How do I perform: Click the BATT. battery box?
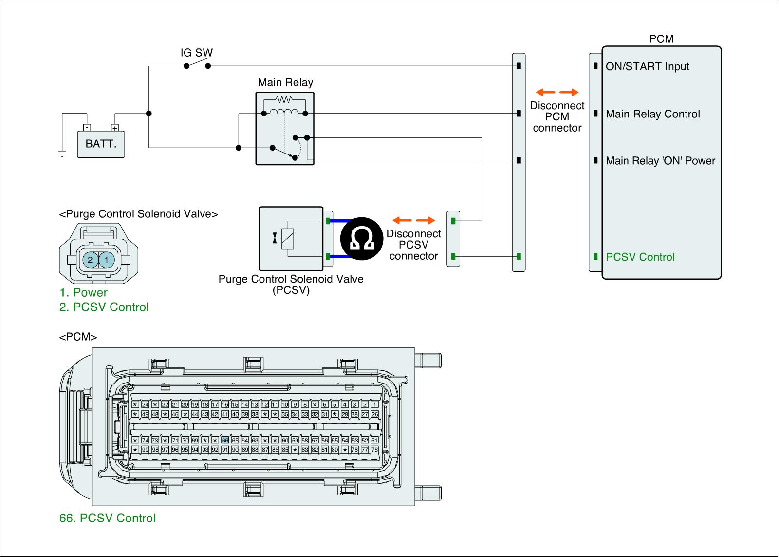101,144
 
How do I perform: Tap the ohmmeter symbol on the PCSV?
362,238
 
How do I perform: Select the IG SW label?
197,53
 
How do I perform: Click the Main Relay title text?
285,82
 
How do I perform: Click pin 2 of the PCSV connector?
90,260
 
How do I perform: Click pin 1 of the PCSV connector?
107,260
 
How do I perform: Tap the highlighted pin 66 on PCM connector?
225,440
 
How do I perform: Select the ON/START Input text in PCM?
647,67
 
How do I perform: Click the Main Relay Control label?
652,114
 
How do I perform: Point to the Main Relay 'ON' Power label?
660,161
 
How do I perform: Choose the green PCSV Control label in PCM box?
640,257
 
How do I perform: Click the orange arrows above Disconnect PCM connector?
557,92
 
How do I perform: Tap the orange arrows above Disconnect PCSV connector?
413,220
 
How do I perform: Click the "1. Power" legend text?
83,292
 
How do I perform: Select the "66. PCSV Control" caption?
108,518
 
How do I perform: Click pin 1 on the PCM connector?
374,404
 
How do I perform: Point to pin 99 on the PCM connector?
145,450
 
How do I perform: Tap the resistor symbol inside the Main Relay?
283,99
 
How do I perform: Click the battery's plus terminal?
115,128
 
